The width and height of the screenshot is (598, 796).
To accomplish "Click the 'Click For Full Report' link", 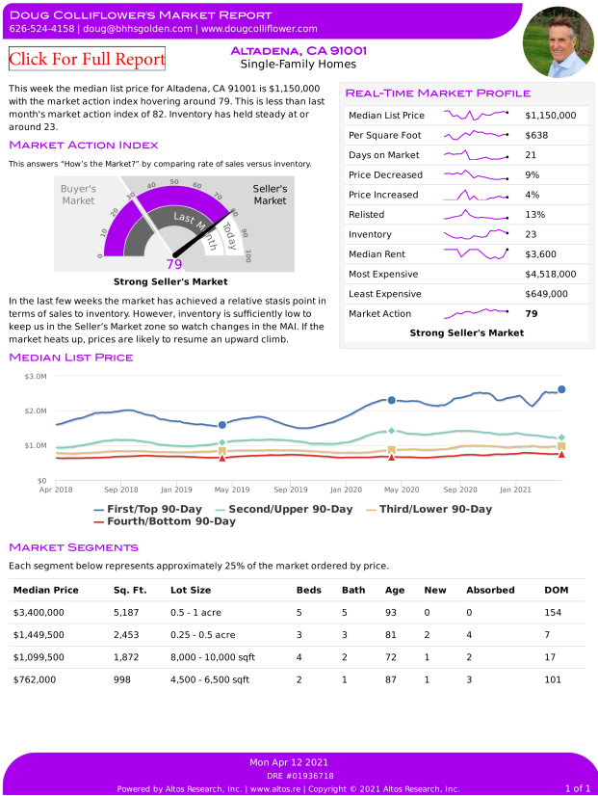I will coord(87,59).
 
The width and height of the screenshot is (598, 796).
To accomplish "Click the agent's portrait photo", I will coord(558,41).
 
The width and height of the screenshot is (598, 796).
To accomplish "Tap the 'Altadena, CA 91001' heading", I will coord(299,50).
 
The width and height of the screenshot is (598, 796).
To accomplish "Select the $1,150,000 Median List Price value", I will coord(551,116).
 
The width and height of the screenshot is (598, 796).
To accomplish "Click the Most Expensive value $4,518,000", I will coord(551,274).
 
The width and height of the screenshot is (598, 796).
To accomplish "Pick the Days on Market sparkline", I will coord(476,155).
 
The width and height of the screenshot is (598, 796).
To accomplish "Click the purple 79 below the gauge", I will coord(174,264).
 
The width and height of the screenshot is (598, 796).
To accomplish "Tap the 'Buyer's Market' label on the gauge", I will coord(78,195).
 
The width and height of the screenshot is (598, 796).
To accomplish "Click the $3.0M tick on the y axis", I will coord(35,376).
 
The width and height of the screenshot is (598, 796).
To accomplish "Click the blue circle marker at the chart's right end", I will coord(561,389).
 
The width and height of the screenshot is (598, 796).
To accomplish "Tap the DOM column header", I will coord(556,590).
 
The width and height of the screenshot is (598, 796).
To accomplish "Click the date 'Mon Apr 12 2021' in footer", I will coord(299,762).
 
